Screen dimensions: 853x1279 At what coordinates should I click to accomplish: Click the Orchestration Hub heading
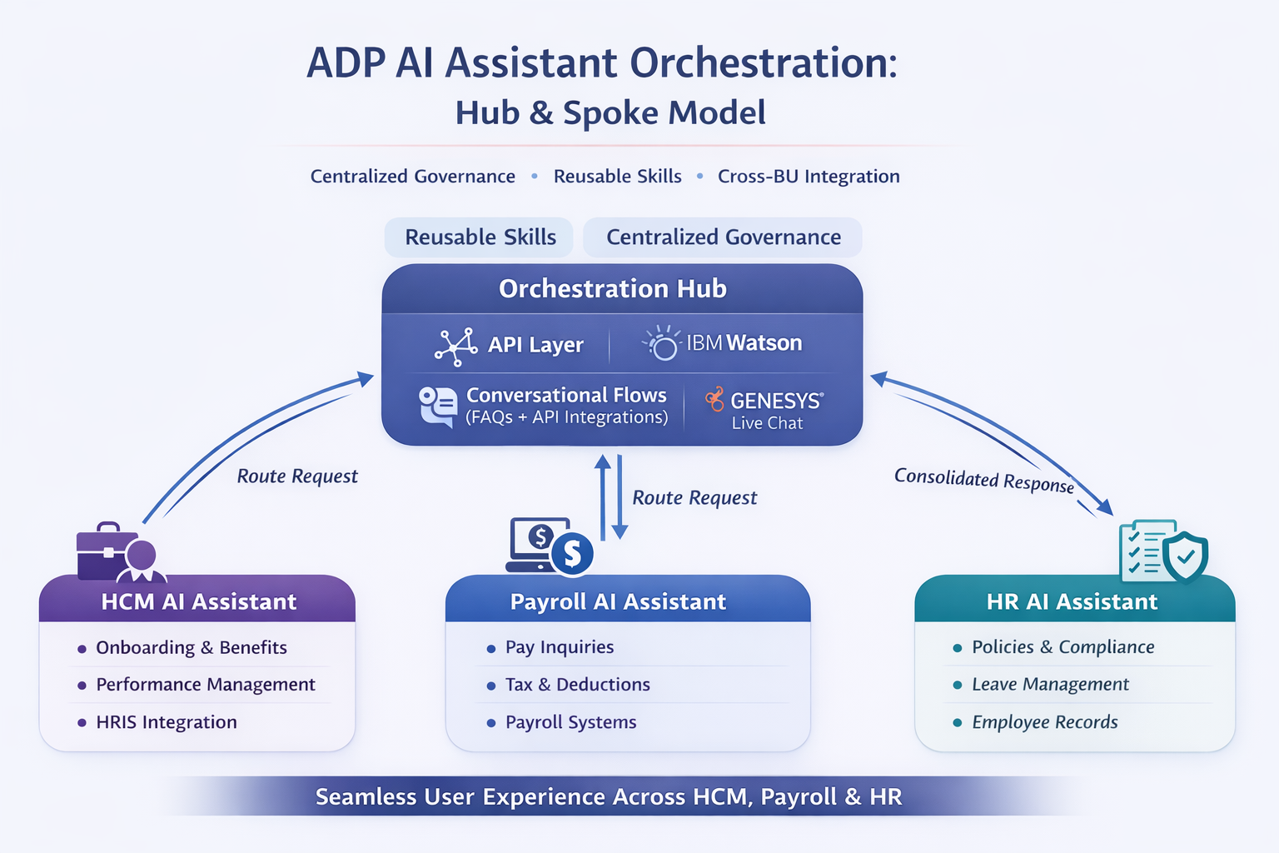pos(613,289)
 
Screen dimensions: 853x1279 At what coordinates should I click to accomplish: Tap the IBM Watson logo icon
pos(663,343)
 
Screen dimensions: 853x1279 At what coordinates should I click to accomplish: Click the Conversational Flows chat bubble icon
pos(438,407)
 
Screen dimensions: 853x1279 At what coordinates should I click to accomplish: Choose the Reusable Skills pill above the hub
pos(480,237)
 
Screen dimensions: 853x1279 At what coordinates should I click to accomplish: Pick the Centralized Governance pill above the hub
pos(723,237)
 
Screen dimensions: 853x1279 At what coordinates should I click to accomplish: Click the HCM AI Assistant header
pos(198,601)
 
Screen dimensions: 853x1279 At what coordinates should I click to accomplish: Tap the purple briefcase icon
pos(105,552)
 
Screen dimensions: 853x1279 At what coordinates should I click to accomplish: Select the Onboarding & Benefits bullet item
pos(191,647)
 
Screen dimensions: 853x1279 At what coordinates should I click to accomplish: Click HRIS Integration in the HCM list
pos(166,722)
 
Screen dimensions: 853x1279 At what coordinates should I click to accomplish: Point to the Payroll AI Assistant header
pos(618,601)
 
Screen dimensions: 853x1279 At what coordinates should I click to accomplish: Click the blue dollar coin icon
pos(572,554)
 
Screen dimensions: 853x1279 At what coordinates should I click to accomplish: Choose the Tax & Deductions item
pos(577,685)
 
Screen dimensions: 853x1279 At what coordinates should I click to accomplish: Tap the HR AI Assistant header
pos(1072,601)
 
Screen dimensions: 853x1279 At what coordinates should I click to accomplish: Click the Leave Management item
pos(1050,685)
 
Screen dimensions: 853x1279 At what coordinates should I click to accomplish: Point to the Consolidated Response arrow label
pos(983,481)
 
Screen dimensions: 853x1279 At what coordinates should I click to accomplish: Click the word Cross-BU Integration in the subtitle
pos(809,177)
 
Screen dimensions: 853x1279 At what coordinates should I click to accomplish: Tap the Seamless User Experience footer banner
pos(609,797)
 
